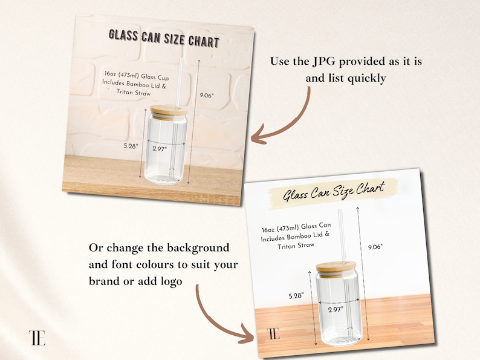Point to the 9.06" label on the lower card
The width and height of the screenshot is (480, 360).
[x=375, y=246]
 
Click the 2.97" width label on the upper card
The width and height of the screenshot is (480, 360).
[x=160, y=148]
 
